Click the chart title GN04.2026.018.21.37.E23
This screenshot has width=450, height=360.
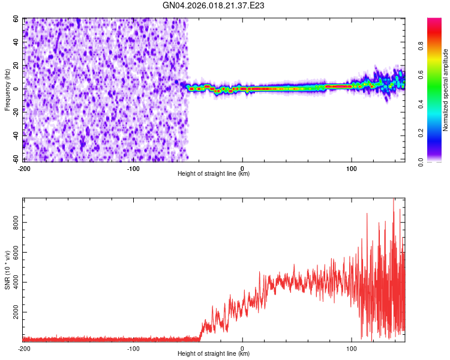tap(214, 6)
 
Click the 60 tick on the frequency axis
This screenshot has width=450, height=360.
tap(17, 19)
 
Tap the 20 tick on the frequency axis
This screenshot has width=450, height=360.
tap(17, 65)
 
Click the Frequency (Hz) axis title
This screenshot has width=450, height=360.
tap(7, 90)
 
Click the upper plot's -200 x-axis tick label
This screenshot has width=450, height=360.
tap(24, 169)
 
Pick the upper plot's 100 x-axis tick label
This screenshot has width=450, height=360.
tap(352, 169)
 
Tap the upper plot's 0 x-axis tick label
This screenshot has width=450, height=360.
tap(242, 169)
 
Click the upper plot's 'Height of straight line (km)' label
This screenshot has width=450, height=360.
tap(214, 174)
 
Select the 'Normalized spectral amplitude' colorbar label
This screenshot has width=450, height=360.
tap(446, 90)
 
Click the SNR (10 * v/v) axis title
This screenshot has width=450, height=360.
tap(7, 270)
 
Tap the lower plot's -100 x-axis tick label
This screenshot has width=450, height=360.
tap(133, 349)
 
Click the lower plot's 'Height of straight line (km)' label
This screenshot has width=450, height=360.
tap(214, 354)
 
